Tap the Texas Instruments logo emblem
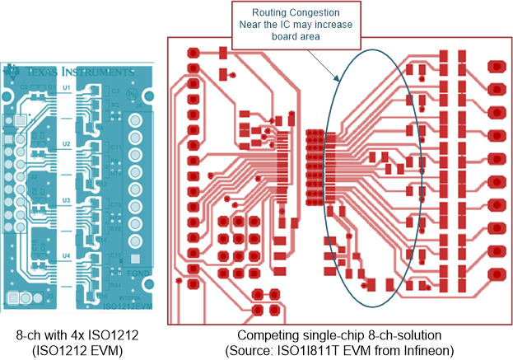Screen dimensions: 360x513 [12, 71]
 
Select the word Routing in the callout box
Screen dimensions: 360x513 [271, 14]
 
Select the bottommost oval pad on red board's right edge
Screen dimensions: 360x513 [497, 274]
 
